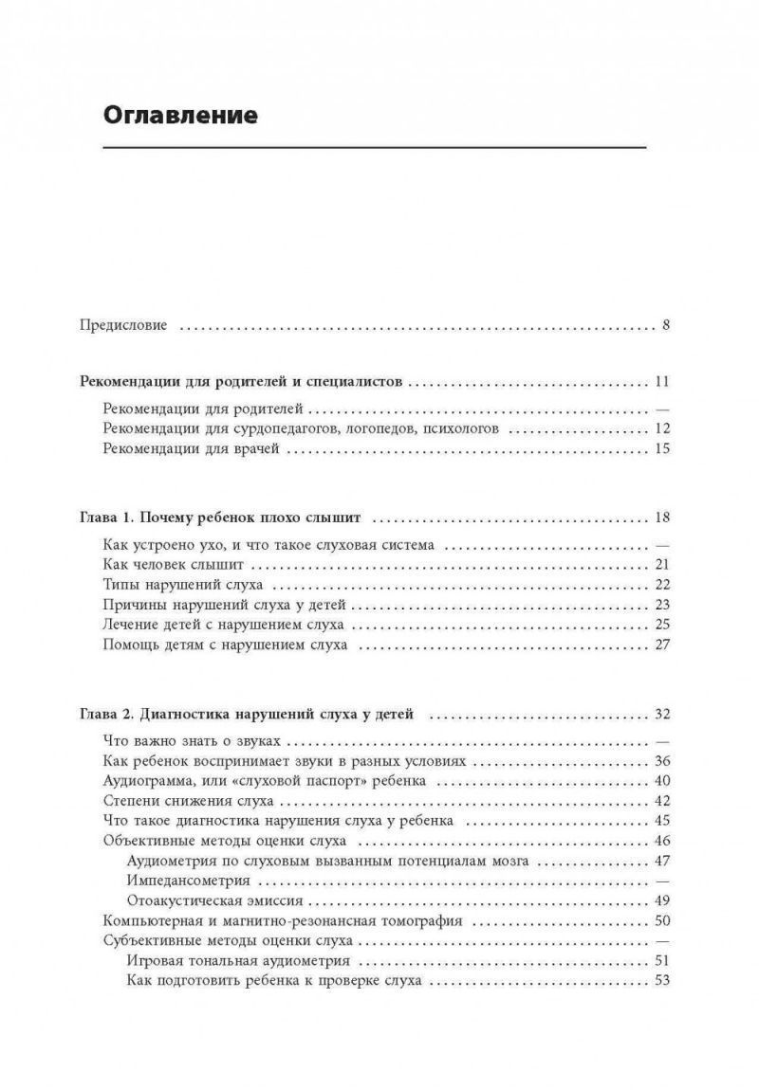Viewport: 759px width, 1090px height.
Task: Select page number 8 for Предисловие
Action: point(666,325)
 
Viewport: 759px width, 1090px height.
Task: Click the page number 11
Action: point(662,383)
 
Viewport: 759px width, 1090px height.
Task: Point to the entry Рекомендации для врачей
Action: point(190,448)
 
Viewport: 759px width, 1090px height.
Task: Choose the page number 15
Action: point(662,448)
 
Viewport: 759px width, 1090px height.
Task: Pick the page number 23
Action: point(662,605)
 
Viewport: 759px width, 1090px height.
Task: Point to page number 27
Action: point(662,645)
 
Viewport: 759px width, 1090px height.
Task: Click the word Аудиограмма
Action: point(148,781)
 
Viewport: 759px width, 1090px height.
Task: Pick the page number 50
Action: point(662,920)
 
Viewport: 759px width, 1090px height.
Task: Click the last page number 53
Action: point(662,981)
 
